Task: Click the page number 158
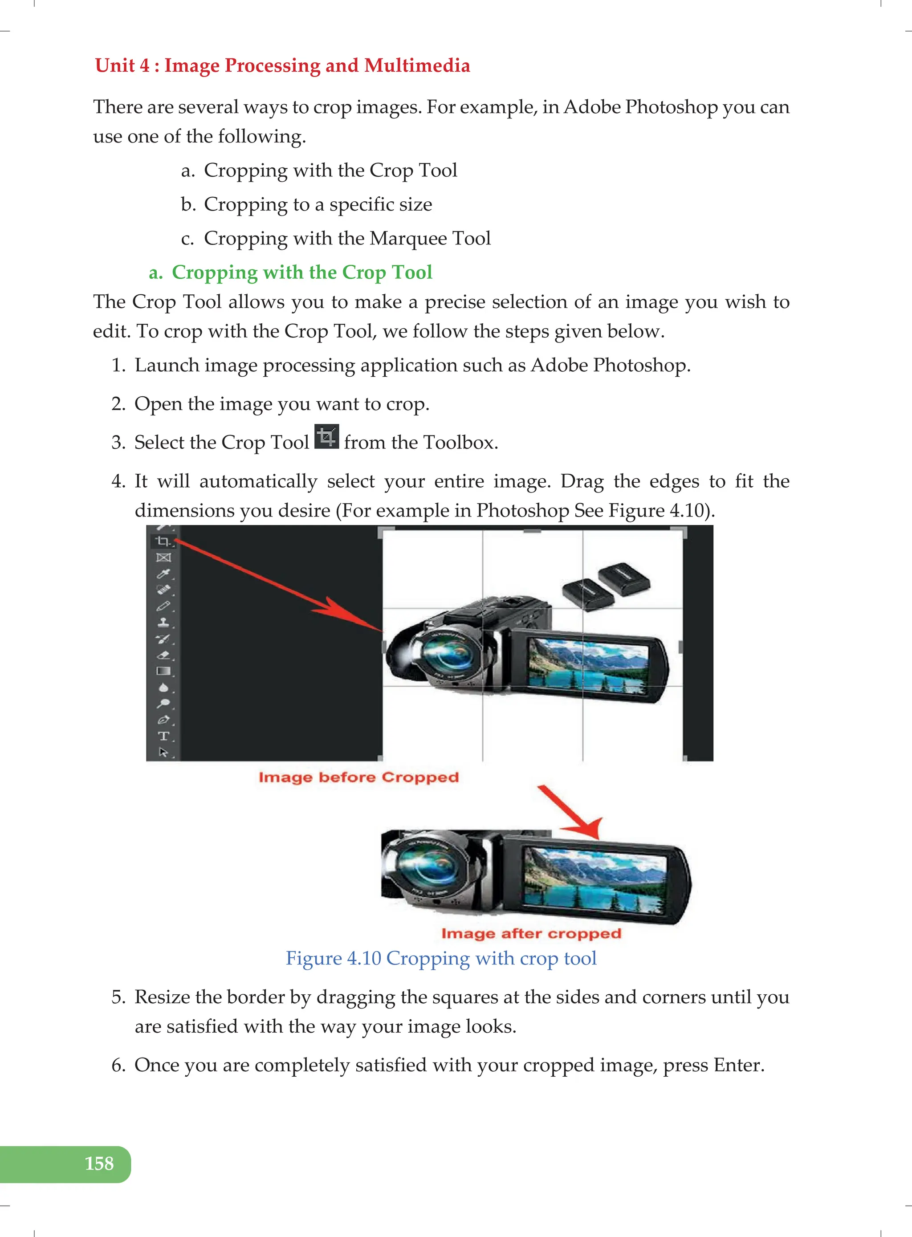pyautogui.click(x=99, y=1163)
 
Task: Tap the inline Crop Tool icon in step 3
pyautogui.click(x=326, y=437)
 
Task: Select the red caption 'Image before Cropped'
pyautogui.click(x=359, y=777)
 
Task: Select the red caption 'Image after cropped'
pyautogui.click(x=531, y=933)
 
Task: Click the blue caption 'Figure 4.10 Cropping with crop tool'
pyautogui.click(x=440, y=958)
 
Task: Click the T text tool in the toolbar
pyautogui.click(x=163, y=736)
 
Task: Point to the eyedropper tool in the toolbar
pyautogui.click(x=163, y=574)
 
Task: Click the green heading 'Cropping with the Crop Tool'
pyautogui.click(x=301, y=272)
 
